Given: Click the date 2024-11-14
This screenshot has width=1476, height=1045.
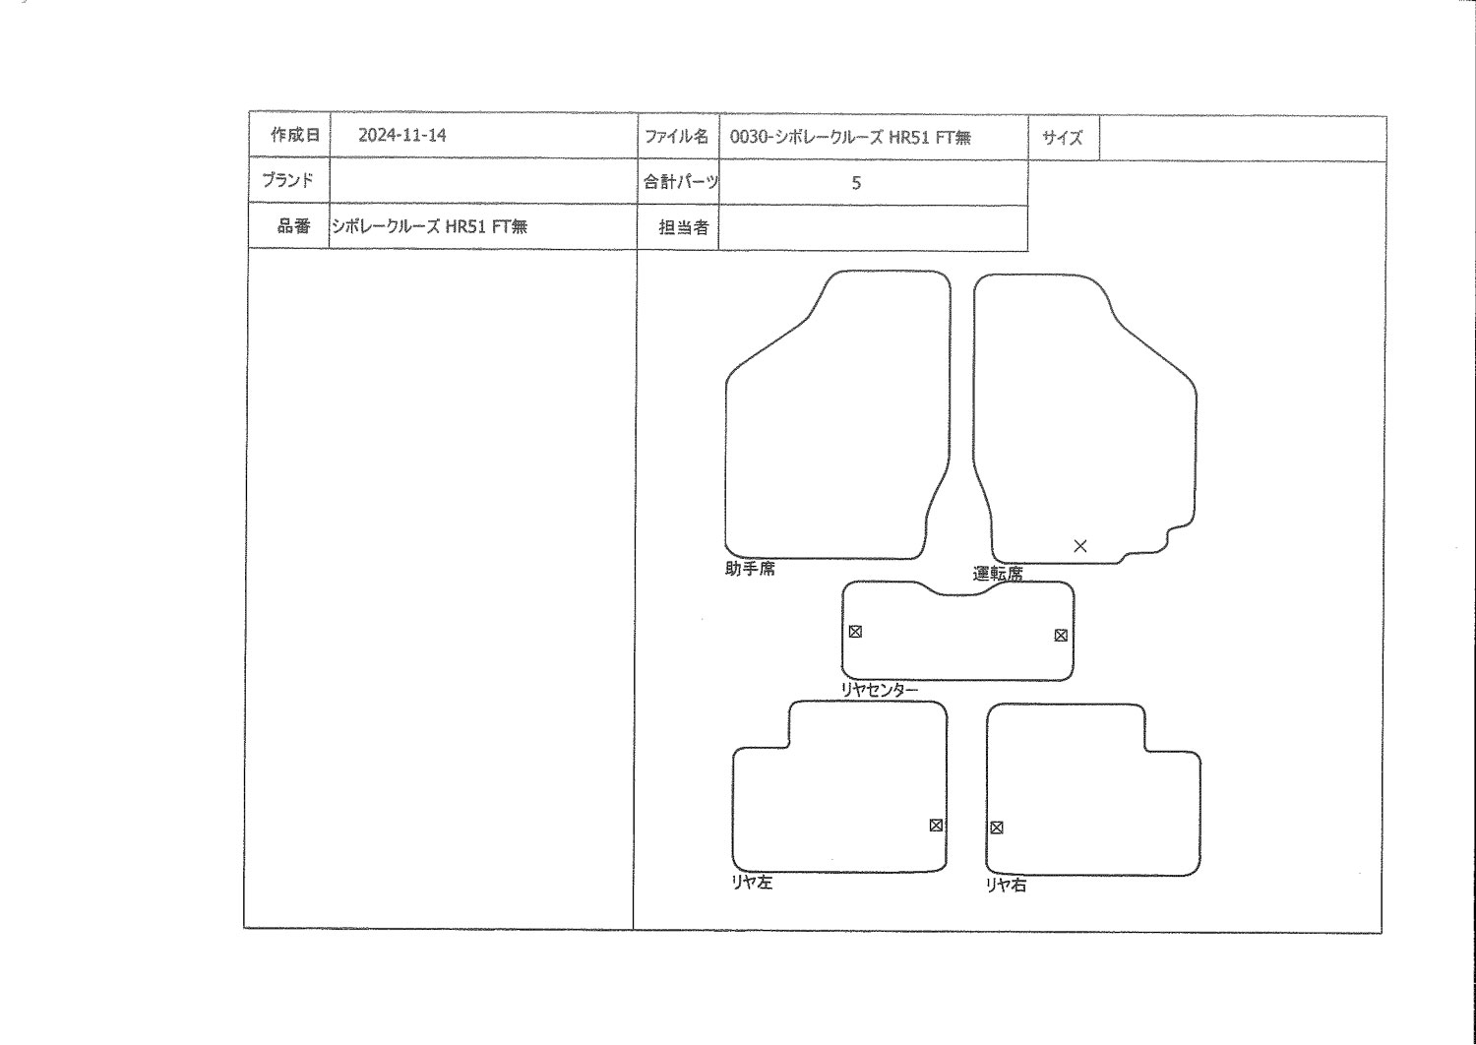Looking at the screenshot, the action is pos(401,135).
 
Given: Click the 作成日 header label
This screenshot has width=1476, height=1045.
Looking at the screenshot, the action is pos(295,135).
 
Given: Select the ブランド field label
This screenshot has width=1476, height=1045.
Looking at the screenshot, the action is pos(287,180).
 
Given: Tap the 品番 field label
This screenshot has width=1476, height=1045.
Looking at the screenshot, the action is pos(293,226).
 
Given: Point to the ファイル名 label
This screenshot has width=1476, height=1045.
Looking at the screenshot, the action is pos(676,137).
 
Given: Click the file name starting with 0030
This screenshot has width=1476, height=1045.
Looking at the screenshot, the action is pos(850,137).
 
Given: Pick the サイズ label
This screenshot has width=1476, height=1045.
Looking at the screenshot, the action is pos(1062,138).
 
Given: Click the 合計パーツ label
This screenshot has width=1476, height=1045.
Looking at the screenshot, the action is pos(681,181).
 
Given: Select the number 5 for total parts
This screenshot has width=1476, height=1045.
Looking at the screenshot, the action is pos(856,182).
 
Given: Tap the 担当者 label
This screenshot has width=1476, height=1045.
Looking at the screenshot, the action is pos(683,227).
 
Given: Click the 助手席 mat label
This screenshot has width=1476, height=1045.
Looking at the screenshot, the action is pos(750,569).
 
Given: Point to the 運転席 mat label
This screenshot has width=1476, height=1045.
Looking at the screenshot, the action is pos(998,574).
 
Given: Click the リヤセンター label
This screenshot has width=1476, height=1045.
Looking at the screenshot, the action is pos(879,690).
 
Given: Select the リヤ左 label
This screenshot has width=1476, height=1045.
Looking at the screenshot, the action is pos(752,883).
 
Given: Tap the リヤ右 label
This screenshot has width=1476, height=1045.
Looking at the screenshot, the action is pos(1006,885).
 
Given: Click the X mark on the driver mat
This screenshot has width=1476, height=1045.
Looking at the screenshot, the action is pos(1080,545).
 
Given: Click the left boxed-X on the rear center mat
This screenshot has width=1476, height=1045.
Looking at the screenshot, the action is pos(855,631).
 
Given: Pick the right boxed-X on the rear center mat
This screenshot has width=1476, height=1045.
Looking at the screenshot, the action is pos(1061,636).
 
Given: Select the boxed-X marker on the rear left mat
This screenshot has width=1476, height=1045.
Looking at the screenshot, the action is pos(936,825).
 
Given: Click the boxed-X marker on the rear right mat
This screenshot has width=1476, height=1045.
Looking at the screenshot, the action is pos(996,828).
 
